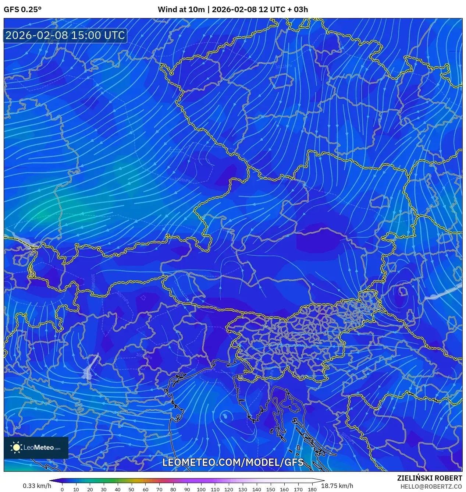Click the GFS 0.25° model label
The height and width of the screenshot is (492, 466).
[x=22, y=10]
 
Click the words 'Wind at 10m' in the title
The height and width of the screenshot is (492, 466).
[x=181, y=10]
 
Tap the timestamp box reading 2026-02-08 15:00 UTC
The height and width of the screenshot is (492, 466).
[x=65, y=35]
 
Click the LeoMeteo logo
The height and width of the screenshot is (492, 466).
[x=36, y=447]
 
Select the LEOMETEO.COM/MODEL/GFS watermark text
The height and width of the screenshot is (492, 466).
[x=233, y=462]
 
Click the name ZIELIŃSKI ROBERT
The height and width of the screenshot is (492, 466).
[x=429, y=478]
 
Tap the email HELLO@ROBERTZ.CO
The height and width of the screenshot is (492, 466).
[x=431, y=486]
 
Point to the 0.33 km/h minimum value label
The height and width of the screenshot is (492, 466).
[x=37, y=486]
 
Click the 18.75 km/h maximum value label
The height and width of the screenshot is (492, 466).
[x=337, y=486]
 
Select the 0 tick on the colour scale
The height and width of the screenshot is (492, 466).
[x=62, y=489]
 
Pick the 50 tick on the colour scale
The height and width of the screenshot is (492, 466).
[x=131, y=489]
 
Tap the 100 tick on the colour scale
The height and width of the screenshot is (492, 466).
[x=201, y=489]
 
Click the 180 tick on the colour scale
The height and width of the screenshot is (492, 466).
[x=312, y=489]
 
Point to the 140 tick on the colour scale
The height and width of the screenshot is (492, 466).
[x=257, y=489]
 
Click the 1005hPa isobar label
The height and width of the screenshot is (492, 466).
[x=93, y=281]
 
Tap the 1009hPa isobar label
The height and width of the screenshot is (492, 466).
[x=182, y=180]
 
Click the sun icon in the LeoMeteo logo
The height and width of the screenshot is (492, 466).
[x=17, y=447]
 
